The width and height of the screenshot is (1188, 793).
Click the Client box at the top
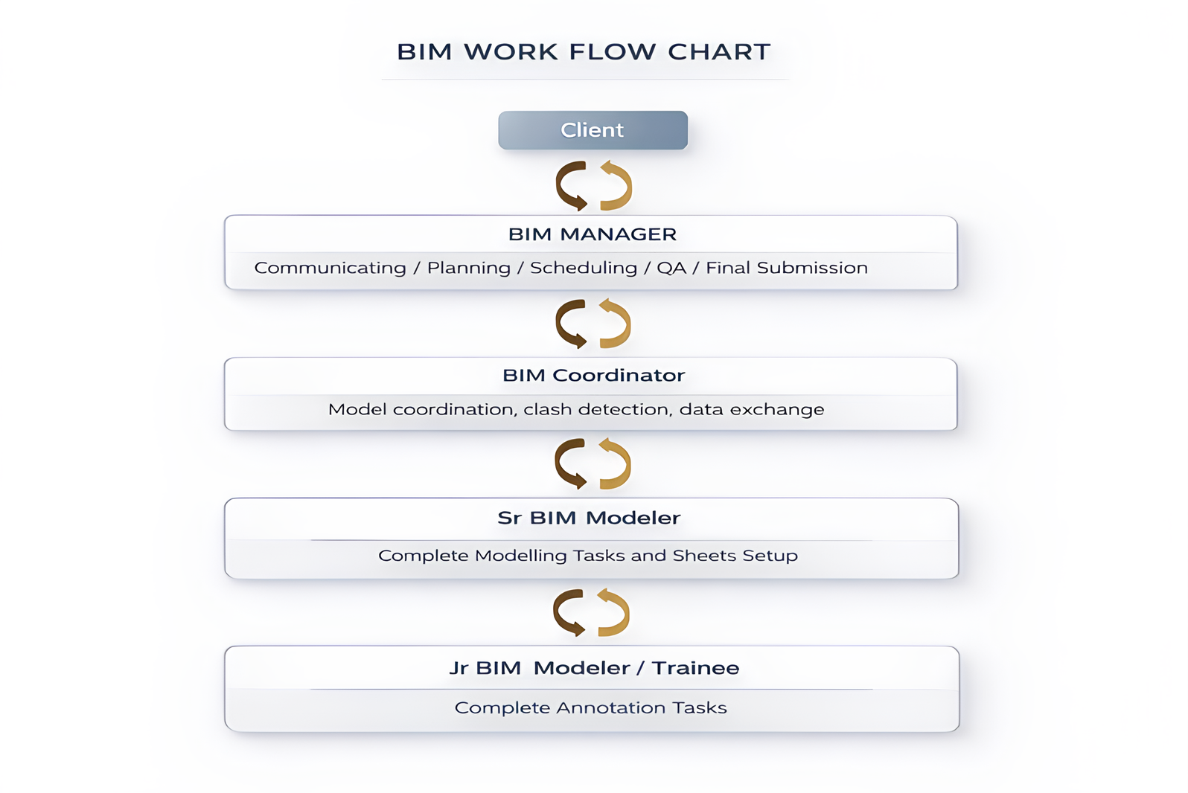click(593, 130)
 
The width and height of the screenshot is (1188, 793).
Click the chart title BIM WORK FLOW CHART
click(584, 52)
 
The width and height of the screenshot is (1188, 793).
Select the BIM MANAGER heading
click(593, 234)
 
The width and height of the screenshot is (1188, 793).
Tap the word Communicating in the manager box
click(330, 268)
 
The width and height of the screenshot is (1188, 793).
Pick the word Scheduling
click(583, 268)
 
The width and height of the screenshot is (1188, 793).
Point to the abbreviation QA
click(671, 268)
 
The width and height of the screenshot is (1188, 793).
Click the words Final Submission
click(786, 268)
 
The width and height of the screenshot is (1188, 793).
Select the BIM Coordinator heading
click(593, 376)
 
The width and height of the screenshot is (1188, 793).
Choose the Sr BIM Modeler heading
click(589, 518)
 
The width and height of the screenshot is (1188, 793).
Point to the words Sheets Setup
click(735, 556)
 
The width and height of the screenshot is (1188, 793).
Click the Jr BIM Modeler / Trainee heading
click(594, 668)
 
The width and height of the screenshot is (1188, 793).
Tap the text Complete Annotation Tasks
click(590, 707)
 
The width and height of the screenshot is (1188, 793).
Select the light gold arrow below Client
click(617, 185)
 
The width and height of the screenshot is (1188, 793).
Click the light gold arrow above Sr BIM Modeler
click(616, 463)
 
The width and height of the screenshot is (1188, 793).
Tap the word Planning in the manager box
click(468, 268)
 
